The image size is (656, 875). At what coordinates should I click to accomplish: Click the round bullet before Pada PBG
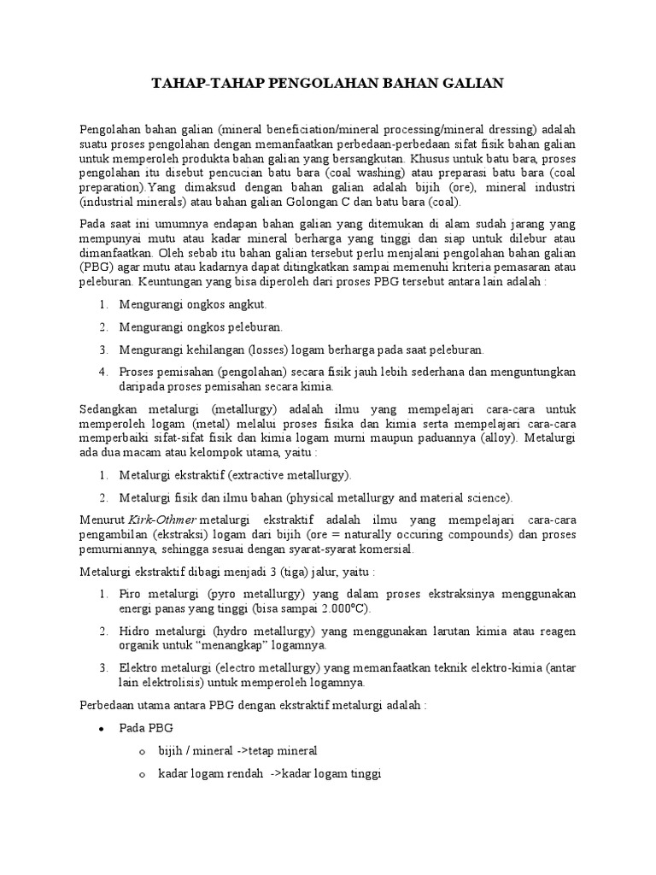(102, 729)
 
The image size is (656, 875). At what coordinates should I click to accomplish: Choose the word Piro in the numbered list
(131, 593)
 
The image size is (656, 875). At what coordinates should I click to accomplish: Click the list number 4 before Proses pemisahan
(102, 372)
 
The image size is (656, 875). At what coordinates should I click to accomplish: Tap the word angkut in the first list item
(249, 304)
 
